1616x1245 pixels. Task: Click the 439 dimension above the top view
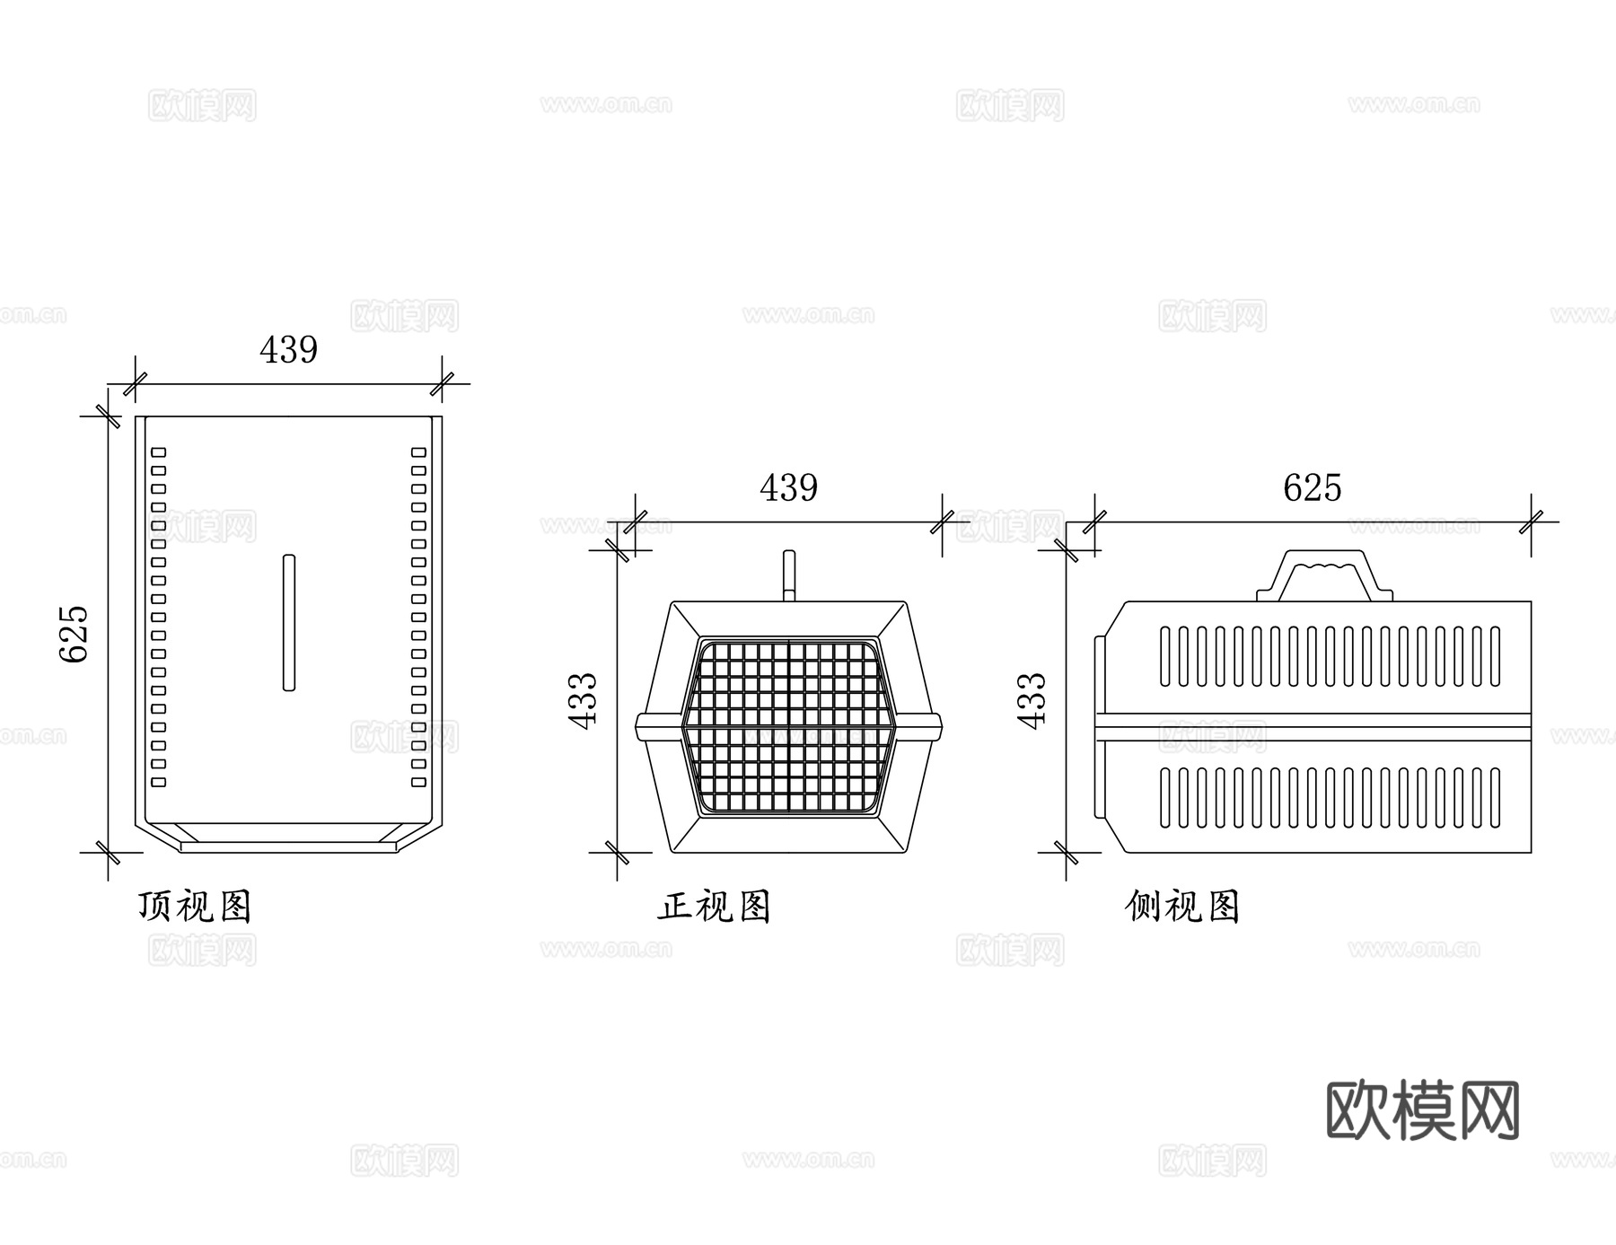288,350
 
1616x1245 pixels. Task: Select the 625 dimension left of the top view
75,633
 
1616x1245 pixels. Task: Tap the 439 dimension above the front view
788,488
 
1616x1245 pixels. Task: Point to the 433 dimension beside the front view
584,700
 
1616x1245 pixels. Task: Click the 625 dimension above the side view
1312,488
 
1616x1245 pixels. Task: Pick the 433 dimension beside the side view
1033,700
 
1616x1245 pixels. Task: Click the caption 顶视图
195,907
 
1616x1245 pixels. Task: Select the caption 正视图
715,907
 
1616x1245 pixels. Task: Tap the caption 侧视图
1181,907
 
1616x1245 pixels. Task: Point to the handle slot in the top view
288,622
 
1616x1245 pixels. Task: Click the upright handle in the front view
788,575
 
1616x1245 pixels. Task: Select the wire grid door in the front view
788,727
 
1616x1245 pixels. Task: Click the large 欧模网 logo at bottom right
1422,1110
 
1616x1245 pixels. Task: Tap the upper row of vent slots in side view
1329,656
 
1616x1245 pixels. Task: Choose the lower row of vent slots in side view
1329,797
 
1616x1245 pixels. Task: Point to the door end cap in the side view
1101,727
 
